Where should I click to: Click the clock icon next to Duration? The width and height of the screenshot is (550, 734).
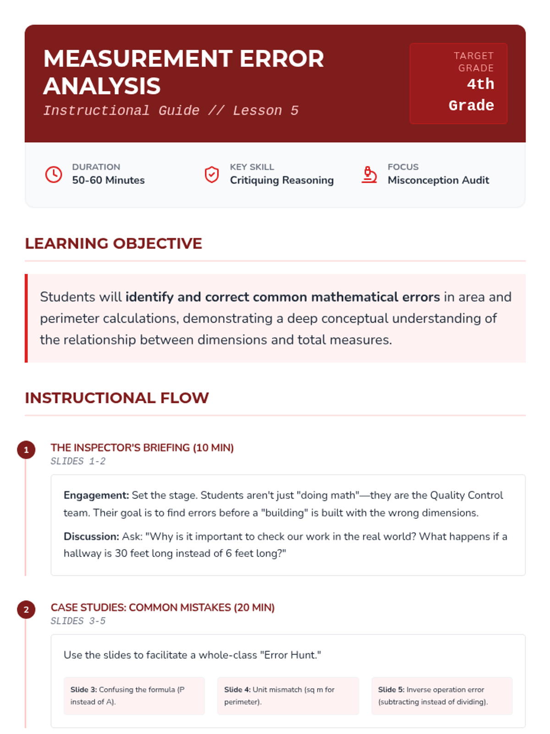pyautogui.click(x=54, y=174)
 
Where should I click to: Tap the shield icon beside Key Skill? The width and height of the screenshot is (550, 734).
pyautogui.click(x=211, y=174)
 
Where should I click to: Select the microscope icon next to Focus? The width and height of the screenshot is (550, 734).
pyautogui.click(x=369, y=174)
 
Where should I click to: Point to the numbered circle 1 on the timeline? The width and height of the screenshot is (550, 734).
pyautogui.click(x=26, y=450)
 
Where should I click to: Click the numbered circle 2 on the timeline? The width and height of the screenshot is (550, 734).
pyautogui.click(x=26, y=610)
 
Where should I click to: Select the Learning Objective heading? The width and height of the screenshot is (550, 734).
pyautogui.click(x=113, y=243)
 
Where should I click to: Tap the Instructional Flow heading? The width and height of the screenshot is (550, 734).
pyautogui.click(x=116, y=398)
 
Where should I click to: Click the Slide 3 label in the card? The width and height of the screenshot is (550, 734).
pyautogui.click(x=83, y=690)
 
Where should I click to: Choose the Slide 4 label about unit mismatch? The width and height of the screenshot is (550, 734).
pyautogui.click(x=237, y=690)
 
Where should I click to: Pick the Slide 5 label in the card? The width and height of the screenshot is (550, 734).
pyautogui.click(x=391, y=690)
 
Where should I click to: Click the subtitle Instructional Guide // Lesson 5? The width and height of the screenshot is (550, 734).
pyautogui.click(x=170, y=111)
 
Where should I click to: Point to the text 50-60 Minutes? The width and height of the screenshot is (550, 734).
pyautogui.click(x=108, y=180)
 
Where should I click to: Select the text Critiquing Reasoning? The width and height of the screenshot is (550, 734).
pyautogui.click(x=281, y=180)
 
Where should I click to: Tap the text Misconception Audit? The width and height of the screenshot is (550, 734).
pyautogui.click(x=438, y=180)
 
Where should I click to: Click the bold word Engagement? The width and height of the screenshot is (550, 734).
pyautogui.click(x=96, y=495)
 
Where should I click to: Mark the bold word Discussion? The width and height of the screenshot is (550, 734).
pyautogui.click(x=91, y=537)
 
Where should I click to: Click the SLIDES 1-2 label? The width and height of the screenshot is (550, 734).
pyautogui.click(x=78, y=461)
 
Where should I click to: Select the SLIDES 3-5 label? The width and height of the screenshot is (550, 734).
pyautogui.click(x=78, y=621)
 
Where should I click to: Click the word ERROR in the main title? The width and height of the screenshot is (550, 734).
pyautogui.click(x=281, y=59)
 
